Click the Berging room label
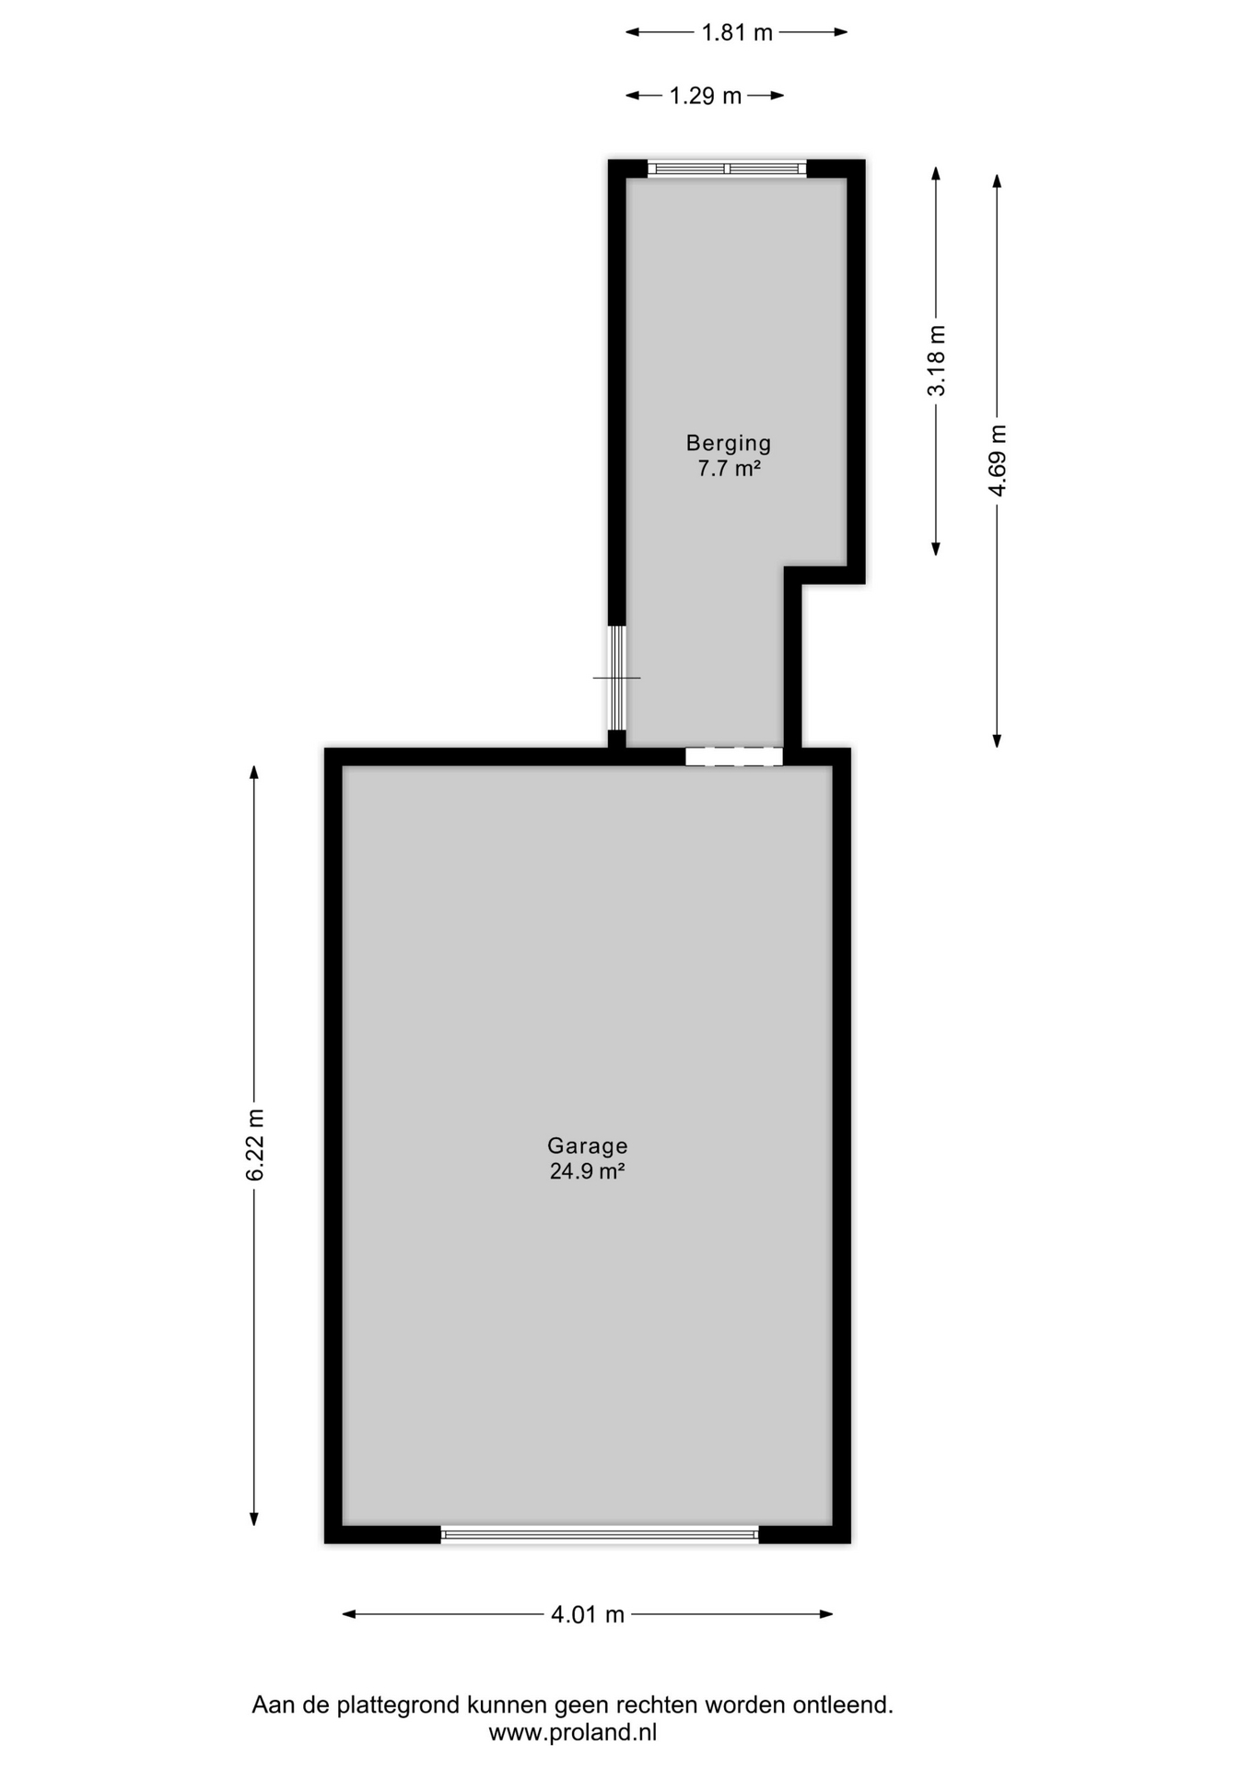[x=728, y=444]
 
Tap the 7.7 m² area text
[x=728, y=469]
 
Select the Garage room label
[x=588, y=1146]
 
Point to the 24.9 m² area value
[x=588, y=1171]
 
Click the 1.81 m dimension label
[x=737, y=33]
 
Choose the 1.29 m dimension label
[x=706, y=96]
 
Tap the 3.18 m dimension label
[x=936, y=361]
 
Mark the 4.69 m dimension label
[x=997, y=460]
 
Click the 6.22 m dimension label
[x=254, y=1146]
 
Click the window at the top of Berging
[x=727, y=169]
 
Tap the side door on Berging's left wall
[x=617, y=678]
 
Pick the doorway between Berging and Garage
[x=734, y=757]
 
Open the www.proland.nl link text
[x=573, y=1732]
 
